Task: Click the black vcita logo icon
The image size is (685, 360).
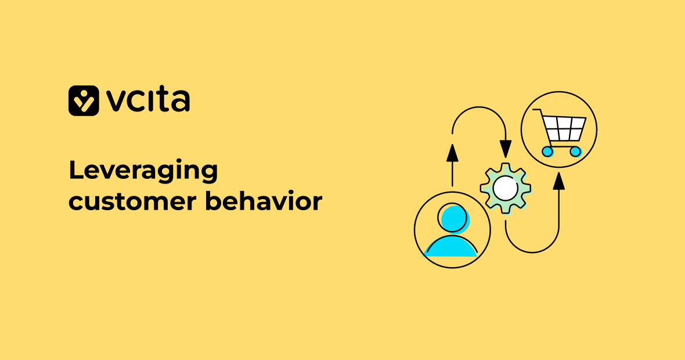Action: (x=84, y=100)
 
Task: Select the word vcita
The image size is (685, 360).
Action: (x=148, y=100)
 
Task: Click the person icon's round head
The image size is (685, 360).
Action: (x=453, y=218)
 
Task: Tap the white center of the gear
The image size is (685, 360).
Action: (x=506, y=188)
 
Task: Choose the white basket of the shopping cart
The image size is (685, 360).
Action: (x=562, y=128)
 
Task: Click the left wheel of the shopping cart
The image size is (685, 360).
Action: (x=547, y=152)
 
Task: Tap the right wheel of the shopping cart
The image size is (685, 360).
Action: (x=575, y=152)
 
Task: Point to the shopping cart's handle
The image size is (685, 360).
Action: (x=538, y=111)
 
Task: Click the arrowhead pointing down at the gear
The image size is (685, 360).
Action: (x=506, y=148)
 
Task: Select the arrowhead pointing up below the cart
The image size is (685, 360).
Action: (x=558, y=181)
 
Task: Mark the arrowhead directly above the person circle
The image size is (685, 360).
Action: (x=452, y=153)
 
